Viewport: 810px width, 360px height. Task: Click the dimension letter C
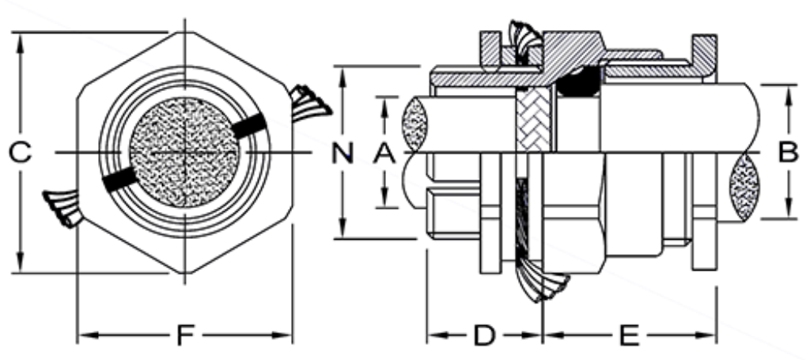point(21,152)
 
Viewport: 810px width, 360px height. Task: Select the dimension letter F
point(184,335)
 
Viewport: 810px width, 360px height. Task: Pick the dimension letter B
point(788,151)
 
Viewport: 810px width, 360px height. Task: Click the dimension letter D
point(484,335)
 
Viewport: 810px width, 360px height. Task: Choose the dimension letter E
point(629,335)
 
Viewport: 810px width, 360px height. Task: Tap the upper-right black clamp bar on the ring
point(247,125)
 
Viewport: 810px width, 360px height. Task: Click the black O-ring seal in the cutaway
point(579,79)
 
